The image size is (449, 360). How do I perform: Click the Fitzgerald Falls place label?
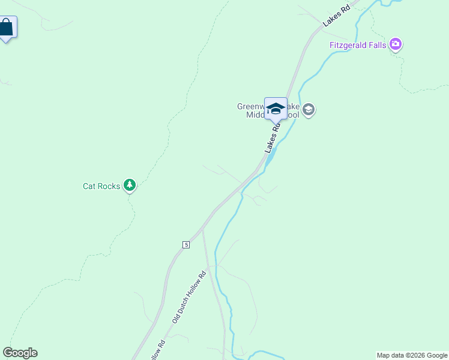358,45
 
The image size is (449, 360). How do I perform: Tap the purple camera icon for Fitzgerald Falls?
395,44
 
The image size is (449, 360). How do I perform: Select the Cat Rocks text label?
101,186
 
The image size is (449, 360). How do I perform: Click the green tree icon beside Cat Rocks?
130,185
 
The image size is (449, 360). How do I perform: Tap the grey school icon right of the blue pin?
309,110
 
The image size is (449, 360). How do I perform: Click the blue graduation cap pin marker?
276,109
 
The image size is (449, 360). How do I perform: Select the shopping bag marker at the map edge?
6,28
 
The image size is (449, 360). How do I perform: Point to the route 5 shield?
186,245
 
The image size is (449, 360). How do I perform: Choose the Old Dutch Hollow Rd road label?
189,298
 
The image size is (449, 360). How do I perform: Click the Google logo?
20,353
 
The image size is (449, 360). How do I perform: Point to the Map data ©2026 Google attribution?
412,355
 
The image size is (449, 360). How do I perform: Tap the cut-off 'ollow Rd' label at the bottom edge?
157,352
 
